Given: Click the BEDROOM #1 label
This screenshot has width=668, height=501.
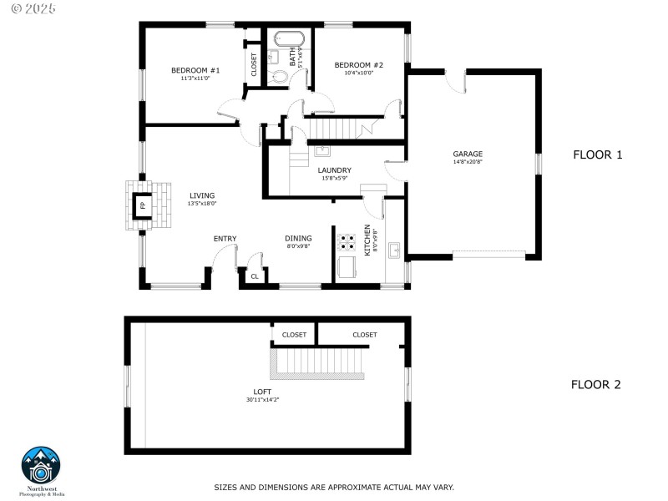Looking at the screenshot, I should tap(195, 70).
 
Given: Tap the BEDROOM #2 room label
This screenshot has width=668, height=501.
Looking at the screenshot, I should tap(358, 65).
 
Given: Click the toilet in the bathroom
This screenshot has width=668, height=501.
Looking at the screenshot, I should tap(280, 77).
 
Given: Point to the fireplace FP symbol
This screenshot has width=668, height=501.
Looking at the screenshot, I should tap(142, 205).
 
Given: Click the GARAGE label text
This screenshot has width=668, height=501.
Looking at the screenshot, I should tap(468, 154).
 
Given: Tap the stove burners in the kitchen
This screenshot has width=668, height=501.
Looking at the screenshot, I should tap(347, 243).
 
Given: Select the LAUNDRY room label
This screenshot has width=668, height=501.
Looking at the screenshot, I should tap(334, 170).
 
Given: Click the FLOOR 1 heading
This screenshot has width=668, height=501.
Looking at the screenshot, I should tap(598, 154).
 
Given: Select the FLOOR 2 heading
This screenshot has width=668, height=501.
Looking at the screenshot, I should tap(596, 385).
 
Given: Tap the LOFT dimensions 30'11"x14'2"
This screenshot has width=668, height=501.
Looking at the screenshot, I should tap(262, 399).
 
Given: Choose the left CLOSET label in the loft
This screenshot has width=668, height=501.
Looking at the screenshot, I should tap(294, 335).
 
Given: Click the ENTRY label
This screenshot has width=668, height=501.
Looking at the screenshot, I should tap(225, 239).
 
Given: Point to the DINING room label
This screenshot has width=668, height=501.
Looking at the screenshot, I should tap(298, 238).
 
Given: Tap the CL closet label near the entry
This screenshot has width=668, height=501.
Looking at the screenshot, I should tap(254, 276).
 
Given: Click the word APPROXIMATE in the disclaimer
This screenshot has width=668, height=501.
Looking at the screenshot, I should tap(327, 487).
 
